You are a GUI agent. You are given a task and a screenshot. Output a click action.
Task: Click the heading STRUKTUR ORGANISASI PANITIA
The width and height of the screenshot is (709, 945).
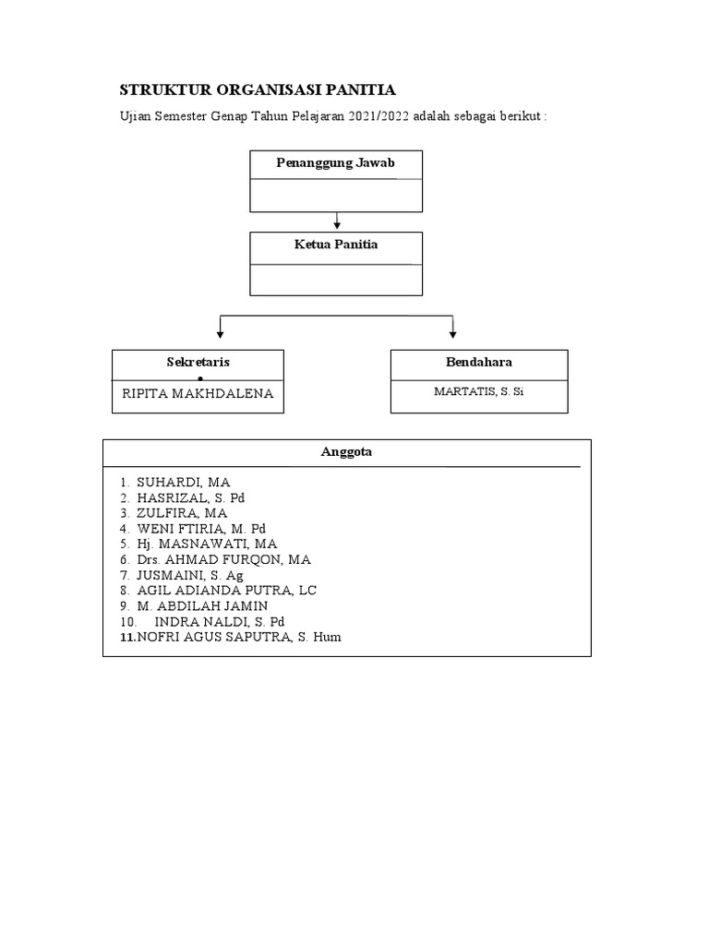[x=258, y=90]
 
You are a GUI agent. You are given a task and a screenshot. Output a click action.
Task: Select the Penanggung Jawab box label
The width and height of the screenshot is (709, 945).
[x=335, y=162]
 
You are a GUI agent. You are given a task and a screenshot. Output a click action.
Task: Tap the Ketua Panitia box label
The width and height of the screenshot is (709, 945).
[x=336, y=244]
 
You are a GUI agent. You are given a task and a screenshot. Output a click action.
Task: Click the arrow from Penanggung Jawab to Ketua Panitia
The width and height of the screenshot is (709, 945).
[x=337, y=221]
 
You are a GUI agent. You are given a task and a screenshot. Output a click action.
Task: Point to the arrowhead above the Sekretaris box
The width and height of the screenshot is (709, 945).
[x=220, y=334]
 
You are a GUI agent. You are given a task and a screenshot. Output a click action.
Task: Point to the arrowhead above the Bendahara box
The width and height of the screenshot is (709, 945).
[x=452, y=334]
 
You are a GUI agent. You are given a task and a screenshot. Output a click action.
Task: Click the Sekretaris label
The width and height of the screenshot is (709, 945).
[x=198, y=362]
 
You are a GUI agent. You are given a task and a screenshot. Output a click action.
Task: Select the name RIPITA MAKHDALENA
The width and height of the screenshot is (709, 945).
[x=198, y=393]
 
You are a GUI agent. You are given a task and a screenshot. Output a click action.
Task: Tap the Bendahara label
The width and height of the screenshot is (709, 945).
[x=479, y=362]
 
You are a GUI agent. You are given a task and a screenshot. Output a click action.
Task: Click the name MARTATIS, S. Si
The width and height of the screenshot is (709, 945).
[x=479, y=391]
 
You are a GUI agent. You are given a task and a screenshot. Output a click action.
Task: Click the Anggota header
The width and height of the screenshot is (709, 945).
[x=346, y=452]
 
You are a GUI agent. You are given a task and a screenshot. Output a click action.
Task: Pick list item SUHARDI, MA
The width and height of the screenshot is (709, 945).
[x=184, y=482]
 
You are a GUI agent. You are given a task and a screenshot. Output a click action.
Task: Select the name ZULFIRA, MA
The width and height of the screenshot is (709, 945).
[x=182, y=513]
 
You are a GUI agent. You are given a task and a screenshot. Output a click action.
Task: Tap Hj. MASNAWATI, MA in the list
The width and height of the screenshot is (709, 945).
[x=207, y=544]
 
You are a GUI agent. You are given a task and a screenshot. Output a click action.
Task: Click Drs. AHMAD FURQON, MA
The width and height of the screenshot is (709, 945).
[x=223, y=560]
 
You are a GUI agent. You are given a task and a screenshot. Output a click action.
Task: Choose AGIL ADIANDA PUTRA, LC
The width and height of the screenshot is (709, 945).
[x=227, y=591]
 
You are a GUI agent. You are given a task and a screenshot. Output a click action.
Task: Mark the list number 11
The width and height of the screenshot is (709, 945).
[x=127, y=637]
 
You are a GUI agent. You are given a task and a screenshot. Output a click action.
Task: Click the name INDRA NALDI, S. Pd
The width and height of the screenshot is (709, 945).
[x=220, y=621]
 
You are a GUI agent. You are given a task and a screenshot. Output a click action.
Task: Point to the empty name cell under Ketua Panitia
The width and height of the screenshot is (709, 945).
[x=336, y=280]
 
